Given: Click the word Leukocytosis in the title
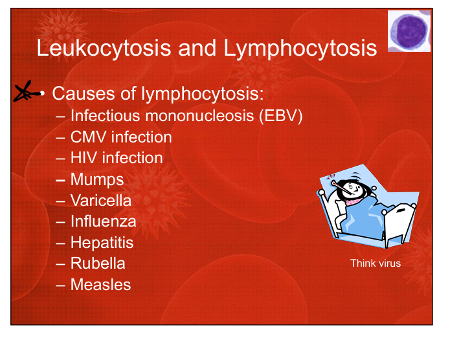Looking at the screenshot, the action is [104, 48].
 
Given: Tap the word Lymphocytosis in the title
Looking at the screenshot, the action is [300, 48].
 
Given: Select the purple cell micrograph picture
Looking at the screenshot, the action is [409, 31].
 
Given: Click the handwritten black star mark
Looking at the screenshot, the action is [27, 92].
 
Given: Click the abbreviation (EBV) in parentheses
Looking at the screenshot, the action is [281, 116].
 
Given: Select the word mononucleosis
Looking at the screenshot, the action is [199, 116].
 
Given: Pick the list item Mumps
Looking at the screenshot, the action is [97, 180].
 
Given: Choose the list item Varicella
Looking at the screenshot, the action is [101, 201].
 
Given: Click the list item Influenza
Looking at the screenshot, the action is [104, 221].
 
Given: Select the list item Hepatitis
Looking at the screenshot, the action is [102, 243].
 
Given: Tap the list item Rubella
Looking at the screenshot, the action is [98, 264].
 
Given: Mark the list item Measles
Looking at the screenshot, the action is [101, 285].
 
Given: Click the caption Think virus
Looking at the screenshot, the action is [376, 264].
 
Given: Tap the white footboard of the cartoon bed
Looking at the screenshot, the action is [400, 224].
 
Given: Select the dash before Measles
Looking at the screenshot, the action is [60, 285].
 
